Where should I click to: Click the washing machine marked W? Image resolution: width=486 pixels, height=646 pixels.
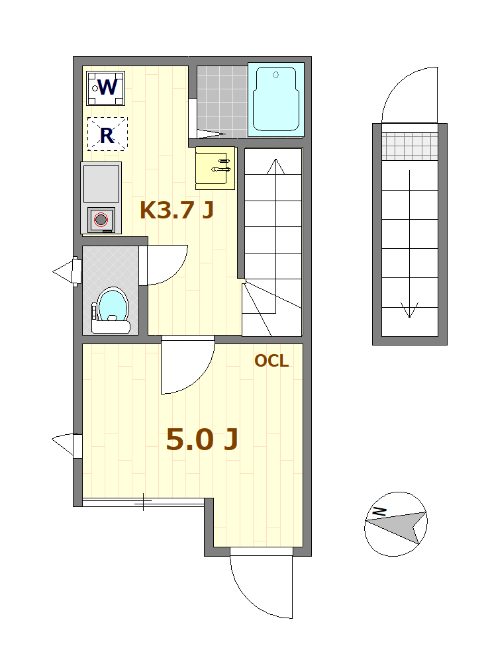[105, 88]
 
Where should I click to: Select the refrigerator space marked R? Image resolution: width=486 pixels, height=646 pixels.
[107, 134]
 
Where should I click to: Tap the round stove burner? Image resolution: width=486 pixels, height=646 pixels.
[101, 220]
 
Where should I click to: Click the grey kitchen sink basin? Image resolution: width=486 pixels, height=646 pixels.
[101, 183]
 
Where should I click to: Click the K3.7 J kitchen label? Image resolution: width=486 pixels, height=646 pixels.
[176, 210]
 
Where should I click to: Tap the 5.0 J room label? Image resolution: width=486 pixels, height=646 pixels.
[202, 439]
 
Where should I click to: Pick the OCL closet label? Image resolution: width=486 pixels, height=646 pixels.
[271, 361]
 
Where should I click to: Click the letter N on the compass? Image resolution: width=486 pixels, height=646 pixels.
[379, 512]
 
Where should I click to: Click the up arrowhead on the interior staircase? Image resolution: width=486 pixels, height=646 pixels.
[275, 166]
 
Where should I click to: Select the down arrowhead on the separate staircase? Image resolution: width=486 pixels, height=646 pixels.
[409, 310]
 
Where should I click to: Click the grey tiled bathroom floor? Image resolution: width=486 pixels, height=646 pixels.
[222, 101]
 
